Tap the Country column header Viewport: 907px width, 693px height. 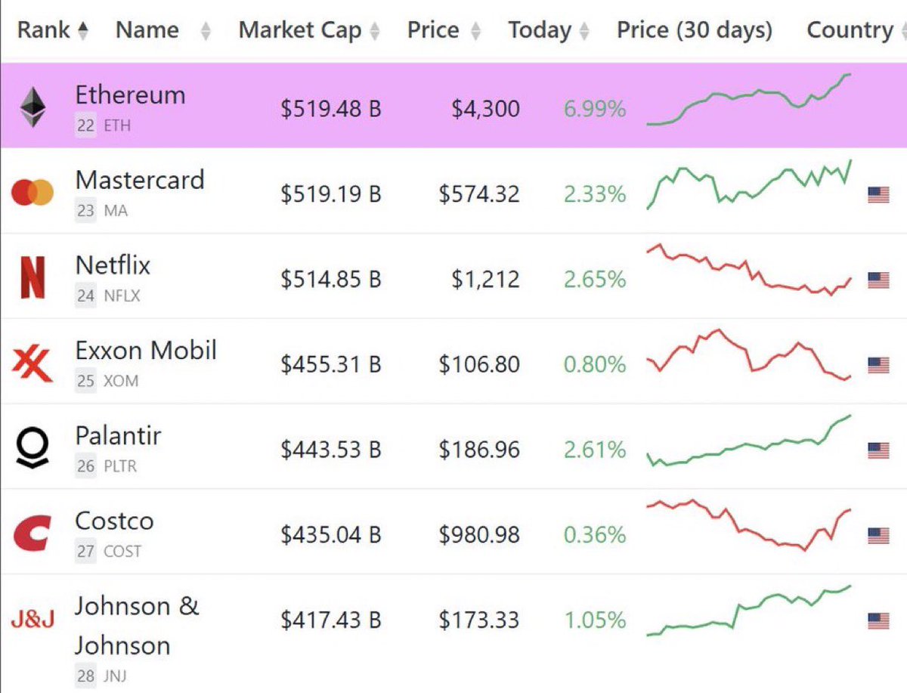click(850, 30)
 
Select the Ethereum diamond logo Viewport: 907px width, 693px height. click(33, 107)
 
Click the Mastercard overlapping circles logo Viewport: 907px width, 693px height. click(33, 193)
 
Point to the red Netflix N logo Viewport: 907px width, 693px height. click(33, 277)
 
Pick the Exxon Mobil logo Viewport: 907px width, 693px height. click(33, 364)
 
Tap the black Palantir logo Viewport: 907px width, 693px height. click(33, 449)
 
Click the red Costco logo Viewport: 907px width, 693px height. click(33, 534)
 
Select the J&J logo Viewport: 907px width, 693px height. click(33, 620)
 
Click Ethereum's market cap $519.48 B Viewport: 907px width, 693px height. click(330, 109)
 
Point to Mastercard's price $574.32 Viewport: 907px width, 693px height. click(478, 194)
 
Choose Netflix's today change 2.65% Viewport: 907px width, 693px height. click(594, 280)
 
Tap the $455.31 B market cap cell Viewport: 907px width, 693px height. click(330, 365)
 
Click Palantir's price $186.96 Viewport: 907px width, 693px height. click(478, 450)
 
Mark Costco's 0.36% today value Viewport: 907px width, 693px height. click(594, 535)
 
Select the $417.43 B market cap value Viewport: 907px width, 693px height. click(330, 620)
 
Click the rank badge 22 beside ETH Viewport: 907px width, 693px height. click(85, 125)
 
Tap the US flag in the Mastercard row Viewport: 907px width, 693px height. click(878, 195)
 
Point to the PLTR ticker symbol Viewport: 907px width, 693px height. click(121, 466)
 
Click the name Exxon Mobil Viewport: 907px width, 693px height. click(145, 350)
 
